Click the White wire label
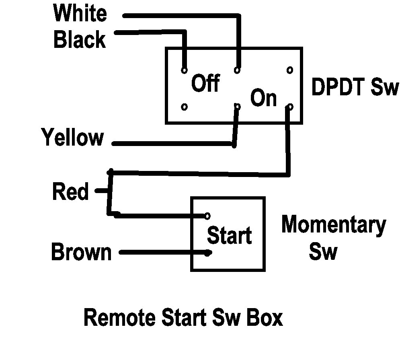pyautogui.click(x=80, y=13)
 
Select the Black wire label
pyautogui.click(x=80, y=39)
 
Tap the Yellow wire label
pyautogui.click(x=73, y=137)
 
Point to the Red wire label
pyautogui.click(x=70, y=191)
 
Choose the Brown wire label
pyautogui.click(x=81, y=251)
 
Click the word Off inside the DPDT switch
pyautogui.click(x=205, y=83)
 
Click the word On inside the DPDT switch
pyautogui.click(x=264, y=97)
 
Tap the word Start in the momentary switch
pyautogui.click(x=229, y=235)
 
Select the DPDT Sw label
pyautogui.click(x=355, y=87)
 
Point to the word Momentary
pyautogui.click(x=334, y=225)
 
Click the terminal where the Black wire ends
pyautogui.click(x=184, y=70)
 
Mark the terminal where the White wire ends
pyautogui.click(x=237, y=70)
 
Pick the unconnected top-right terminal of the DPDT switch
pyautogui.click(x=290, y=70)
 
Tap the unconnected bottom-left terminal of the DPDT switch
pyautogui.click(x=184, y=107)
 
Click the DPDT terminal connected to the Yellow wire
pyautogui.click(x=238, y=107)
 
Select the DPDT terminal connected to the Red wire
pyautogui.click(x=290, y=107)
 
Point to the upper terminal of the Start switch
pyautogui.click(x=207, y=216)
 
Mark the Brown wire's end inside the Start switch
pyautogui.click(x=209, y=253)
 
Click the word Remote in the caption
pyautogui.click(x=119, y=317)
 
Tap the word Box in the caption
pyautogui.click(x=265, y=317)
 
